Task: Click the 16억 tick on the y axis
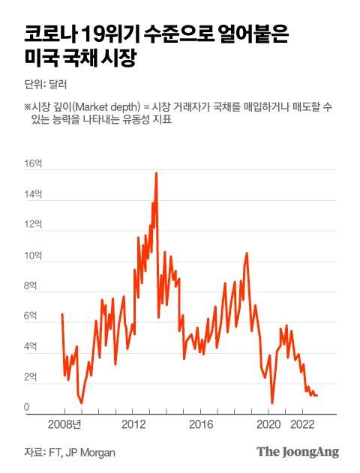pyautogui.click(x=33, y=163)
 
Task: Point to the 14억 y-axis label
pyautogui.click(x=33, y=194)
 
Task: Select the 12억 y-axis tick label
pyautogui.click(x=33, y=225)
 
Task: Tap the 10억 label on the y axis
pyautogui.click(x=33, y=256)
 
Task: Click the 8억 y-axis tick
pyautogui.click(x=31, y=286)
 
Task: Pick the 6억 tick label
pyautogui.click(x=31, y=316)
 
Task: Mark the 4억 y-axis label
pyautogui.click(x=31, y=347)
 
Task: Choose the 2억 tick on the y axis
pyautogui.click(x=31, y=378)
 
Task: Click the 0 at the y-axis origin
pyautogui.click(x=26, y=407)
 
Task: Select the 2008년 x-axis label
pyautogui.click(x=64, y=424)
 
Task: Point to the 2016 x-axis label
pyautogui.click(x=202, y=424)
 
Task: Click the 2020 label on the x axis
pyautogui.click(x=269, y=424)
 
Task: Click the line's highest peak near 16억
pyautogui.click(x=156, y=173)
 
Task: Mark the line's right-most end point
pyautogui.click(x=318, y=395)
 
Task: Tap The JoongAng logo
pyautogui.click(x=298, y=452)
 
